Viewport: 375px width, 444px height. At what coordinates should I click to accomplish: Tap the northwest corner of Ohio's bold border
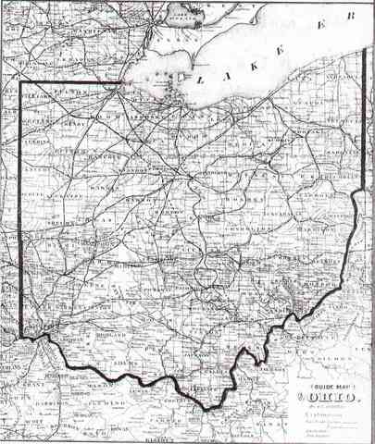click(x=21, y=83)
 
